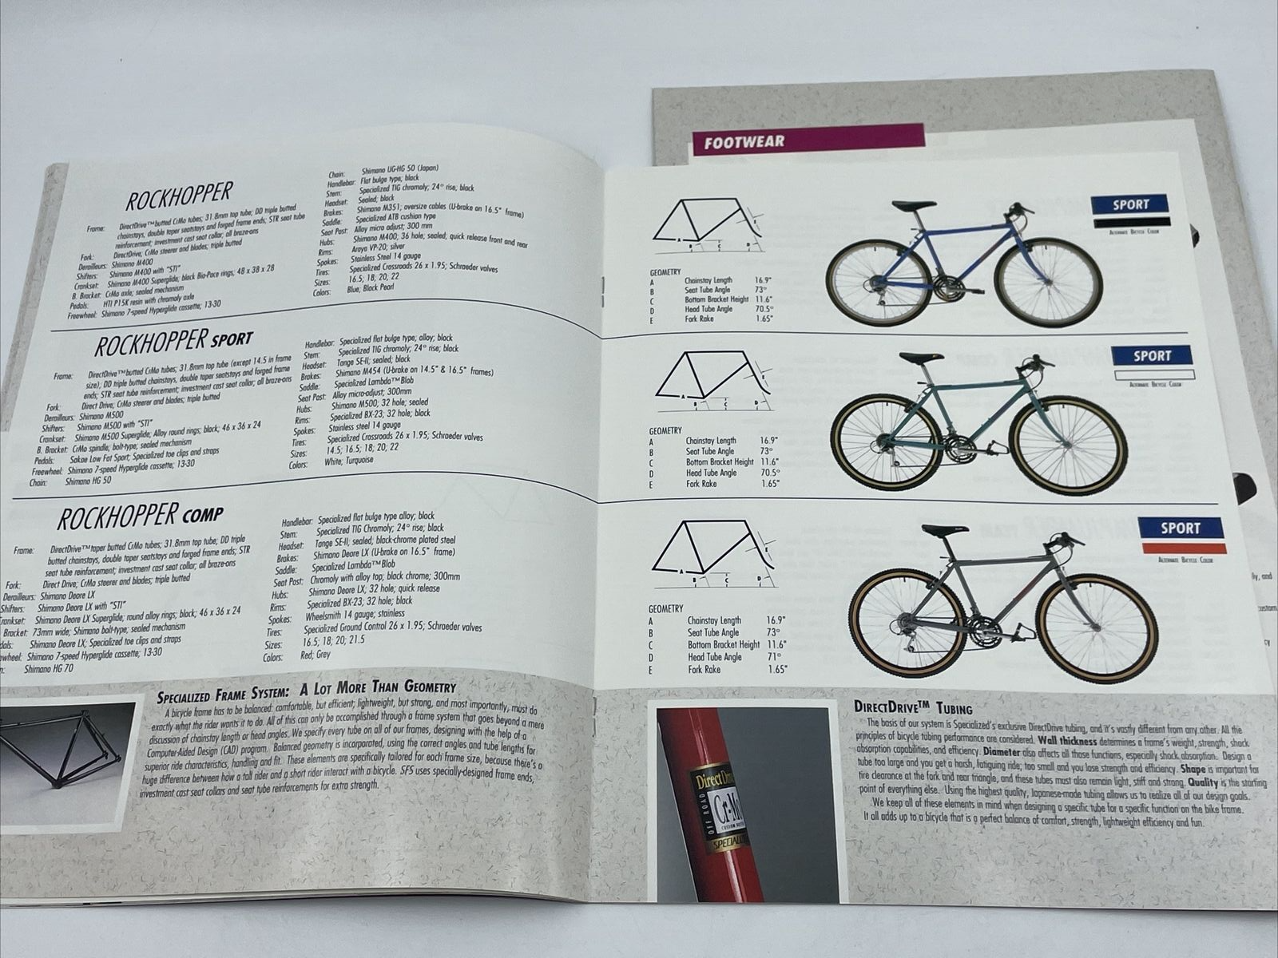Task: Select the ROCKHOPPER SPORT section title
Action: click(173, 342)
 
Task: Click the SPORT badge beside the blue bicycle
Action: click(1130, 204)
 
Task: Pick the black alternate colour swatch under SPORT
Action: click(1130, 222)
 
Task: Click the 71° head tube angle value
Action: click(773, 656)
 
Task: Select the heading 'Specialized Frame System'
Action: click(306, 687)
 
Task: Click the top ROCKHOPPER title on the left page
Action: click(179, 194)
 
